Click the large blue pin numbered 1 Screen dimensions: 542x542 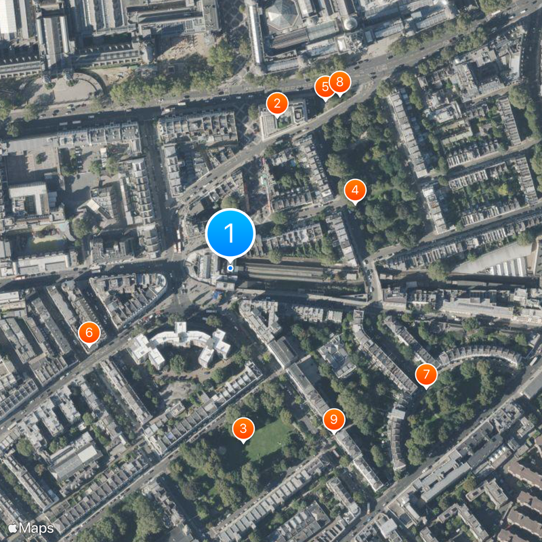(230, 234)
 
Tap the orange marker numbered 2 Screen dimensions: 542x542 (276, 104)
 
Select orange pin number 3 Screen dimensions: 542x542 (243, 428)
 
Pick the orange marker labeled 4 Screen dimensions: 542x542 (354, 191)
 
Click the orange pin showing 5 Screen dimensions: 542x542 (325, 87)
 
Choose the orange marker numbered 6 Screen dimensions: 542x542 (89, 333)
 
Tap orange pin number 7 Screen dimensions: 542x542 (426, 375)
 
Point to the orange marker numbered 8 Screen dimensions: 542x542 (339, 83)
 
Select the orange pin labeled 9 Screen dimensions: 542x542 (333, 420)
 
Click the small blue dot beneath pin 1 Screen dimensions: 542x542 (230, 268)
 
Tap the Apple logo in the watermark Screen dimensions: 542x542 (12, 527)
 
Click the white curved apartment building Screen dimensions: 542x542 (180, 343)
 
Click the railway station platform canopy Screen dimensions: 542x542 (298, 272)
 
